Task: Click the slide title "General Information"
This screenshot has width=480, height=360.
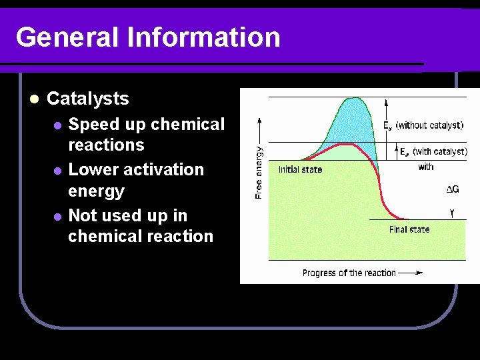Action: click(148, 37)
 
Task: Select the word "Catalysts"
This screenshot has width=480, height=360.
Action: click(88, 99)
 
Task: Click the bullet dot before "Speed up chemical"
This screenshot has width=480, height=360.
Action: click(57, 125)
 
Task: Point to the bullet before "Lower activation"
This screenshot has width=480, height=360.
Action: click(57, 171)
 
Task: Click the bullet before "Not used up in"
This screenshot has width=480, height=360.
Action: click(57, 217)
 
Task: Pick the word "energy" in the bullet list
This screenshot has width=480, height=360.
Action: click(96, 191)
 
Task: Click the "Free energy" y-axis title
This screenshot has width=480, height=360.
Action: click(259, 173)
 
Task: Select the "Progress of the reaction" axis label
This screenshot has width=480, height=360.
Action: click(349, 273)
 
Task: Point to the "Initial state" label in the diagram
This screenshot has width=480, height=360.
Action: click(300, 169)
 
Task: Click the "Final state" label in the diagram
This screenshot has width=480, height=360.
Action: click(409, 229)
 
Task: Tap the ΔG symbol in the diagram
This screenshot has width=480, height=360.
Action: click(452, 190)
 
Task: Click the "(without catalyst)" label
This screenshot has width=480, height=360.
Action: click(429, 125)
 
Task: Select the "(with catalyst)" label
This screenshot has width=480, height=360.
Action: click(439, 151)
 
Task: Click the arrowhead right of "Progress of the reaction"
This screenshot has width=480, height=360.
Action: click(418, 272)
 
